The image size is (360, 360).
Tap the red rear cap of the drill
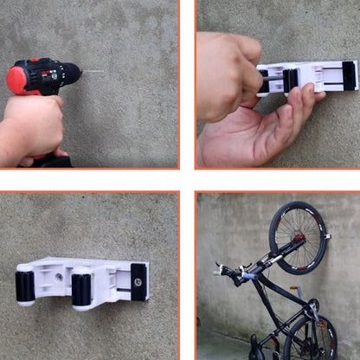coord(16,80)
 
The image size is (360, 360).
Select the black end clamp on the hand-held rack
coord(349,75)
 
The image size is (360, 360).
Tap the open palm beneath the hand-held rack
coord(260,130)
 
